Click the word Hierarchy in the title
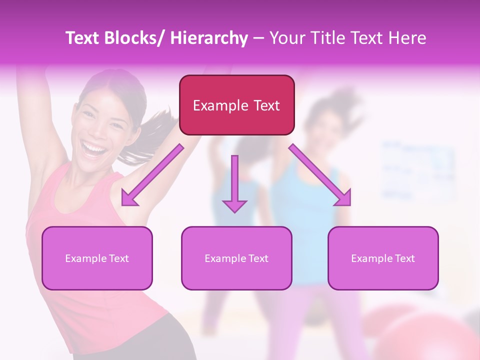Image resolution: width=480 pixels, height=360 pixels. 208,38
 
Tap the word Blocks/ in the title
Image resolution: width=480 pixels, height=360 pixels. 135,38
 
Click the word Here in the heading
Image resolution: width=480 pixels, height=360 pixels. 407,38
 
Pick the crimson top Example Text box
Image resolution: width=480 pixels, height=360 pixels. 236,105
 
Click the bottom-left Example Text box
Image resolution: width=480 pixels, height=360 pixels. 97,258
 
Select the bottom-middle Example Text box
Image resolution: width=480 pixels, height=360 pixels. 236,258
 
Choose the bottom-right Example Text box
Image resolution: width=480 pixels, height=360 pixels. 383,258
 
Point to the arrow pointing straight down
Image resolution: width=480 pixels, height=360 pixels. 234,185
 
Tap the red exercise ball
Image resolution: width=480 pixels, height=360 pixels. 435,335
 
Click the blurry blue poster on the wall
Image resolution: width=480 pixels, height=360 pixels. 417,170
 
